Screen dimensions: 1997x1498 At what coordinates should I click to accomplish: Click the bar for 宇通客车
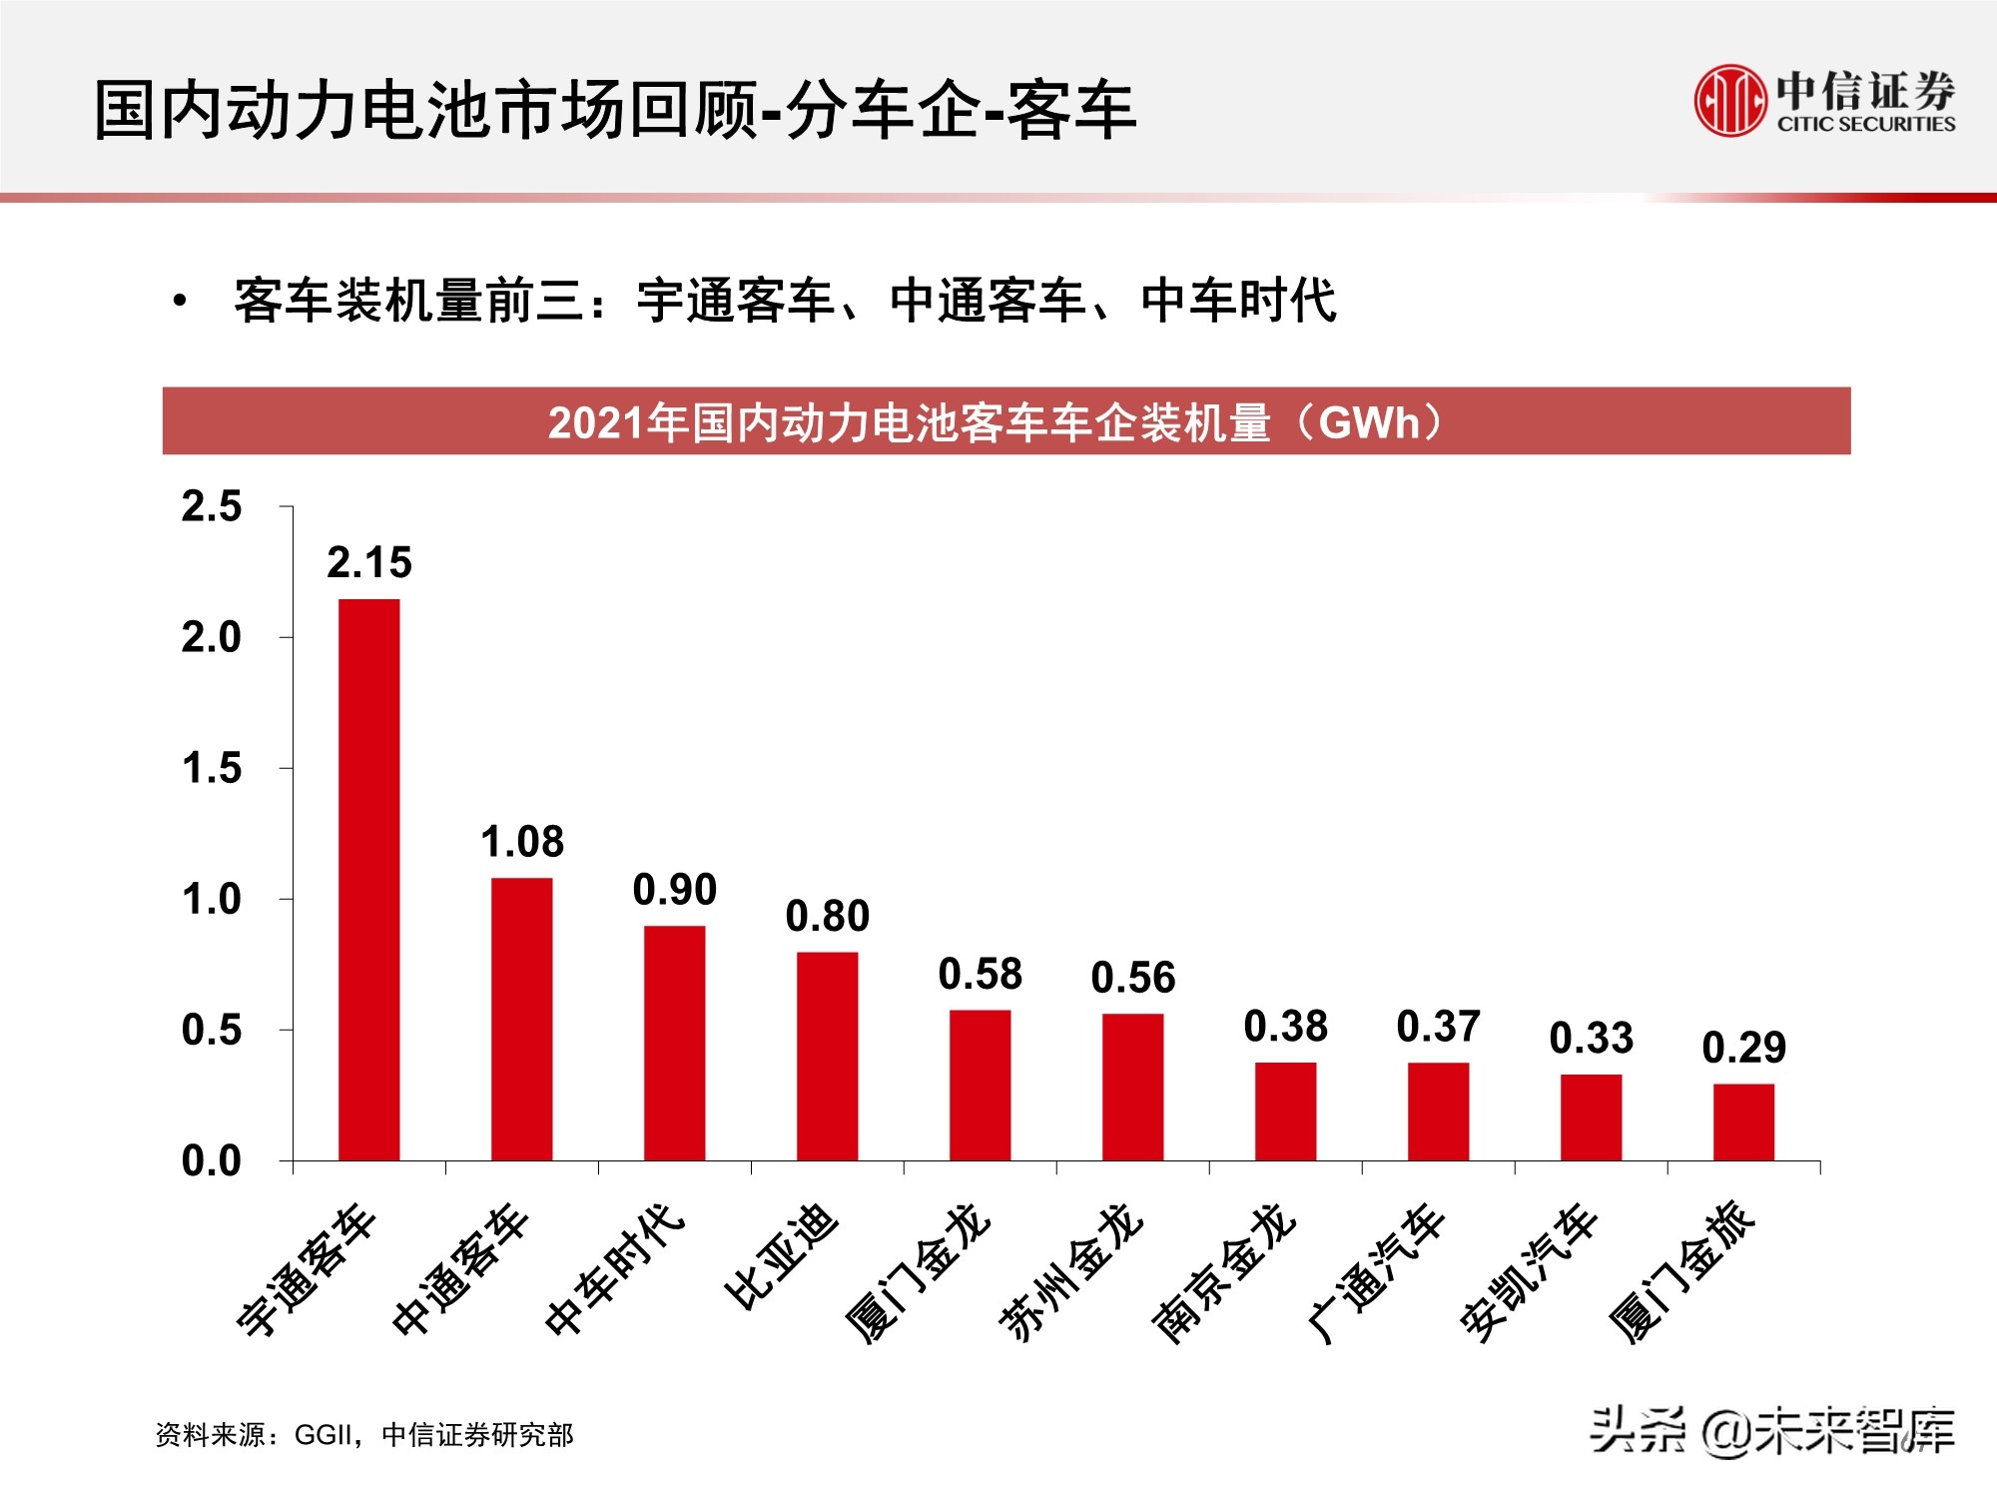coord(369,880)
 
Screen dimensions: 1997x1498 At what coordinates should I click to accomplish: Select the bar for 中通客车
coord(521,1020)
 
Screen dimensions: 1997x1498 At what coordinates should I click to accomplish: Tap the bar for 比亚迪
coord(827,1057)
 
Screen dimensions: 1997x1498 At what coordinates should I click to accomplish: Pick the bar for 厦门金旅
coord(1743,1123)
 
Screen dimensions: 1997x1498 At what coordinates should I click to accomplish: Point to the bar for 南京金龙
coord(1285,1112)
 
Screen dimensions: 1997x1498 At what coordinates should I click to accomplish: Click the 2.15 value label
coord(369,563)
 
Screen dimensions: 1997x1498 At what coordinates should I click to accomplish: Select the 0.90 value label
coord(675,890)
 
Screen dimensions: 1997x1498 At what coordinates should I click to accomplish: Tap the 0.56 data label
coord(1133,978)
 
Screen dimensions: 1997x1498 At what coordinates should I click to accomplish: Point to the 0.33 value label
coord(1592,1039)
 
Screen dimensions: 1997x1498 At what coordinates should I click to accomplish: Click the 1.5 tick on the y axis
coord(212,769)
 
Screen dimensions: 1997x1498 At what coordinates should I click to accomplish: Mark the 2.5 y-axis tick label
coord(212,506)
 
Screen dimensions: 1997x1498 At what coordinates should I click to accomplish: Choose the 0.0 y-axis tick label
coord(212,1161)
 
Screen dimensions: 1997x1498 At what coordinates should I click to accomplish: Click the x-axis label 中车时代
coord(615,1267)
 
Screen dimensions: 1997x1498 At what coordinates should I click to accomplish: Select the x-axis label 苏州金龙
coord(1071,1270)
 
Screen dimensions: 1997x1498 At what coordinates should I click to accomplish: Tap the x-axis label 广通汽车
coord(1376,1271)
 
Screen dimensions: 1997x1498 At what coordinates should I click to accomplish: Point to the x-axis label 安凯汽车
coord(1529,1271)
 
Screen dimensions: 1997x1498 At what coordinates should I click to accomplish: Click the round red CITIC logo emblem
coord(1729,100)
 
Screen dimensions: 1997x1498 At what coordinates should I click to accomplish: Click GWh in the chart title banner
coord(1368,422)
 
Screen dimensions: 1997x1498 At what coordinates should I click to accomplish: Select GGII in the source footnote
coord(327,1435)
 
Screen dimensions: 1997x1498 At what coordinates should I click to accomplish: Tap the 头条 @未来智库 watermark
coord(1772,1429)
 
